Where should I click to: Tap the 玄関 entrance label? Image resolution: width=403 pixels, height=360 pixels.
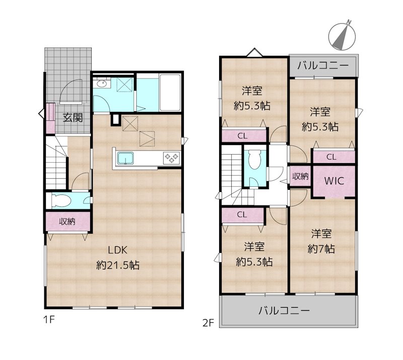pos(73,118)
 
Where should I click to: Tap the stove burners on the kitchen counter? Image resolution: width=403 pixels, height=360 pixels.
pos(171,159)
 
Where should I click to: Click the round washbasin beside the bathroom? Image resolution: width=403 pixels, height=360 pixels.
pos(101,84)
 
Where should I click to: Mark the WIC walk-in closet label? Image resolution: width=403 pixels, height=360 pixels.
pos(333,181)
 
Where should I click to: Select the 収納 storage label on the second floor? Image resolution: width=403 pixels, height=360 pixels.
pos(300,176)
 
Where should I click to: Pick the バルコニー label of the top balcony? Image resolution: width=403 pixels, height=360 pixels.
pos(322,65)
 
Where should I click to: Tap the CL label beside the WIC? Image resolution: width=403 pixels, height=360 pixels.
pos(331,157)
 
